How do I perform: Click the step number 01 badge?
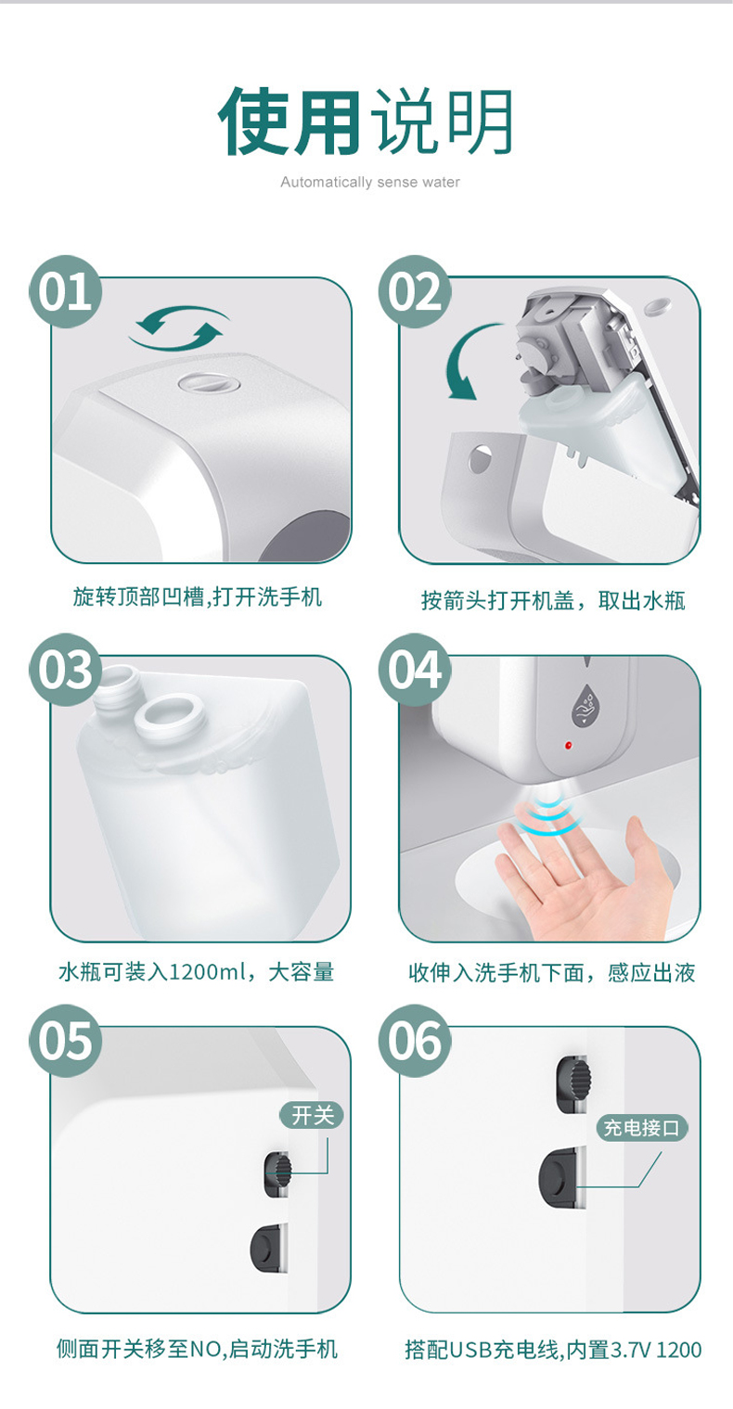[66, 291]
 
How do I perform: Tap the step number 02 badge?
[415, 291]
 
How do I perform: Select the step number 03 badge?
[66, 670]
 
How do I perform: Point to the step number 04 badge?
[415, 670]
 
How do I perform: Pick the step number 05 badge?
[66, 1041]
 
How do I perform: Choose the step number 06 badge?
[415, 1041]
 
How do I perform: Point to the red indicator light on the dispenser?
[568, 746]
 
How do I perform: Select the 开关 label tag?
[312, 1115]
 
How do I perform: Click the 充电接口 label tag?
[642, 1128]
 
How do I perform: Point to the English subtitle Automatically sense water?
[370, 183]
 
